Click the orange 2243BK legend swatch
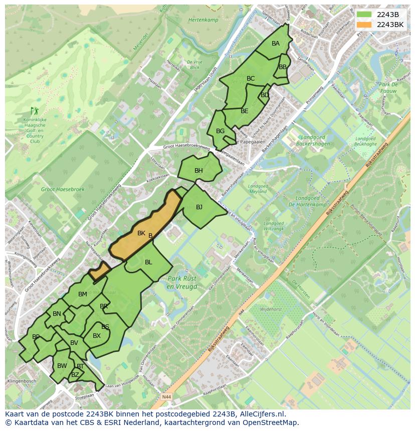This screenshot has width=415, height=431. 364,25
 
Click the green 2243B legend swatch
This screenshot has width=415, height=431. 364,15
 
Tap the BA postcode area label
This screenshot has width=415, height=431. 276,44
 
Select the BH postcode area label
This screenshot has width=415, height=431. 198,171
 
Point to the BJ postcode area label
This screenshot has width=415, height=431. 199,207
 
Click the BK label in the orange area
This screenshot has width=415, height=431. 141,233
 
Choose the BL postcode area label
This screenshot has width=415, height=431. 148,262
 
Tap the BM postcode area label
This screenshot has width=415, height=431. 83,294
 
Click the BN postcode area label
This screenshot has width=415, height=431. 57,314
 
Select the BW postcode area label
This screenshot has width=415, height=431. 62,366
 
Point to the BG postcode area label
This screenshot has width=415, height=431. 220,131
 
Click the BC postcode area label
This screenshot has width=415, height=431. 251,79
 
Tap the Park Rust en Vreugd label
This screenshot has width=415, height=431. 182,282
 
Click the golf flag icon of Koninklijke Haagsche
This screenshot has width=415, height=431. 34,110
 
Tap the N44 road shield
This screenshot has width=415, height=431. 167,397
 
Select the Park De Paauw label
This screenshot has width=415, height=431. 388,88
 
